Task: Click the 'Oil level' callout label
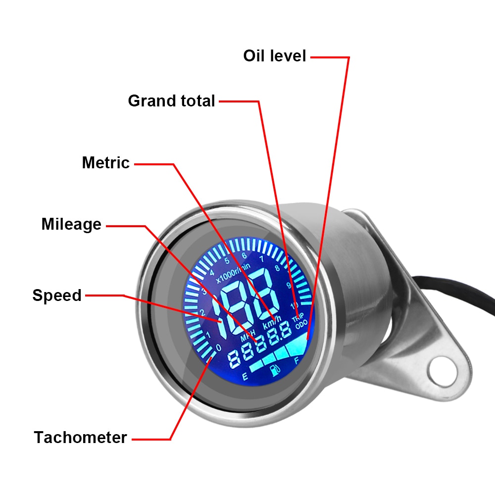pos(275,56)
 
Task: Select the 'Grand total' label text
pos(171,101)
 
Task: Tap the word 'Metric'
pos(106,163)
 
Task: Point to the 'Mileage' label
pos(71,224)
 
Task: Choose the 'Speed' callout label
pos(57,296)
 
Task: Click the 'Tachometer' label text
pos(81,438)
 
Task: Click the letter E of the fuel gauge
pos(245,377)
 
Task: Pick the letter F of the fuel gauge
pos(297,361)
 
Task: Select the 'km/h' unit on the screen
pos(272,325)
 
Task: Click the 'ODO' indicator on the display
pos(301,326)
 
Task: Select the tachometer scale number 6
pos(244,256)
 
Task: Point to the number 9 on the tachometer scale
pos(289,285)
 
